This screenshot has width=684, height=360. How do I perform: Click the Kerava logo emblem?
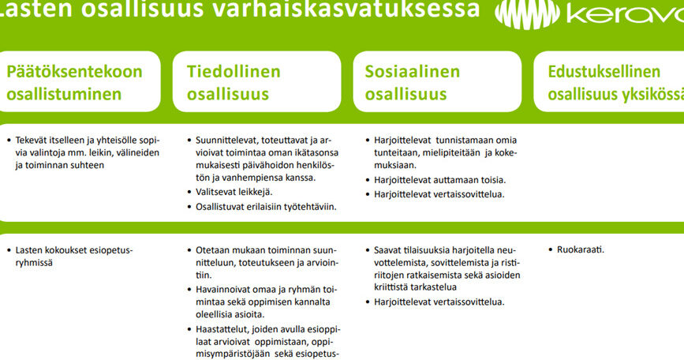(527, 14)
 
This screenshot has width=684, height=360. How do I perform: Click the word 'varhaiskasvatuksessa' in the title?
(346, 9)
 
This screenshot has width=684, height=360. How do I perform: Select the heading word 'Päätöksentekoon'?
(75, 72)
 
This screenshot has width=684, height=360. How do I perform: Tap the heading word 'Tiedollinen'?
(234, 72)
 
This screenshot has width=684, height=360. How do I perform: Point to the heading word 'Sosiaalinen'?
(413, 72)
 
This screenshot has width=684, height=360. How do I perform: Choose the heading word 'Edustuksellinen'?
(604, 72)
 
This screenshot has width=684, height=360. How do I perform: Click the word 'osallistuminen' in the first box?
(64, 94)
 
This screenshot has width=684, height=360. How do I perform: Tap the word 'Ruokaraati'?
(580, 249)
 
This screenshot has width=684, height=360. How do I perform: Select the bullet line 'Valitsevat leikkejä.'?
(234, 192)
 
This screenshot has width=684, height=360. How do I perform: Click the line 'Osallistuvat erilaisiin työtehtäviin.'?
(266, 206)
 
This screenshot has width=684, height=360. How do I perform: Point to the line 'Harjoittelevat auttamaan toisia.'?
(439, 180)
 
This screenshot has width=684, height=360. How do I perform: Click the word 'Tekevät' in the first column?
(31, 140)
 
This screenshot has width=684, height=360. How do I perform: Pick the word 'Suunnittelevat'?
(227, 140)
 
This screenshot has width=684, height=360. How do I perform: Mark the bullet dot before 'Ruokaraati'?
(551, 250)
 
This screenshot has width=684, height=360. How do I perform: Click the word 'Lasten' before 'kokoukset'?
(28, 250)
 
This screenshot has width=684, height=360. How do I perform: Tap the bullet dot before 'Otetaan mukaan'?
(189, 250)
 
